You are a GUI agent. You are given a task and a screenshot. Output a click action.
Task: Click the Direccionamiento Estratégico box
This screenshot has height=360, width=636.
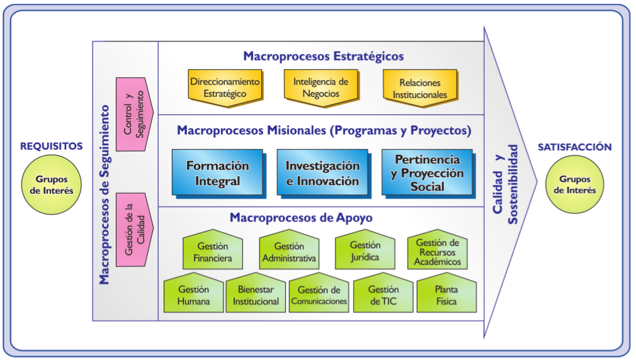pyautogui.click(x=225, y=87)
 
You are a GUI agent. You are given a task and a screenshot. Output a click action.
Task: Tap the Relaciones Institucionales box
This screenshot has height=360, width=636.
pyautogui.click(x=420, y=88)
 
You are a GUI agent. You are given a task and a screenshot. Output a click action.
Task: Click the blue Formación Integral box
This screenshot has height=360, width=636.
pyautogui.click(x=217, y=172)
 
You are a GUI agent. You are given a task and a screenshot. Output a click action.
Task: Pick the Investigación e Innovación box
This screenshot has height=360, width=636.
pyautogui.click(x=322, y=172)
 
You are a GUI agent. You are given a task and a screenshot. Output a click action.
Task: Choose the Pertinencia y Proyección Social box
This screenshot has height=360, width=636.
pyautogui.click(x=428, y=172)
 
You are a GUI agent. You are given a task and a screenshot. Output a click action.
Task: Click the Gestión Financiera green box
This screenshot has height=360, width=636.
pyautogui.click(x=212, y=252)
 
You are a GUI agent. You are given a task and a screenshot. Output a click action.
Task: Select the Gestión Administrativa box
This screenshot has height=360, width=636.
pyautogui.click(x=288, y=252)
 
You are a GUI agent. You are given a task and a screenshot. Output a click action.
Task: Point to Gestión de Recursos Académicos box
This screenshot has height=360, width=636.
pyautogui.click(x=438, y=252)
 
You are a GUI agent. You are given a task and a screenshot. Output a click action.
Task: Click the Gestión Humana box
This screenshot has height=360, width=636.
pyautogui.click(x=193, y=295)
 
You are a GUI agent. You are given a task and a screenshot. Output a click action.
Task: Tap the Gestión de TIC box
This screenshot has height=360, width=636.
pyautogui.click(x=383, y=295)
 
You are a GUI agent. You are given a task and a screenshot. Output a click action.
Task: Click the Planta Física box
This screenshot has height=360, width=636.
pyautogui.click(x=446, y=295)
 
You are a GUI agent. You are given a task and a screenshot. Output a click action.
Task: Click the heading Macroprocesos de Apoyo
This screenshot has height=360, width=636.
pyautogui.click(x=301, y=218)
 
